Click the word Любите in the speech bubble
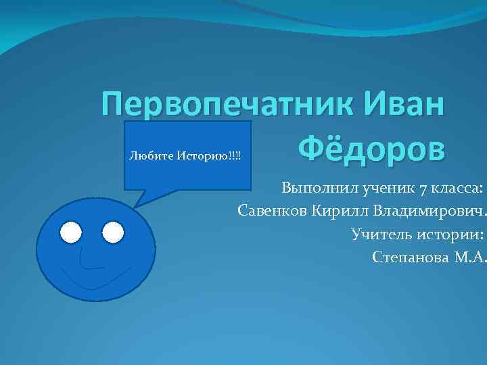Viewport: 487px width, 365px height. [x=151, y=156]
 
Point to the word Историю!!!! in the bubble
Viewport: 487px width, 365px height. [x=209, y=156]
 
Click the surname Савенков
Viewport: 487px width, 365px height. [x=273, y=212]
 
